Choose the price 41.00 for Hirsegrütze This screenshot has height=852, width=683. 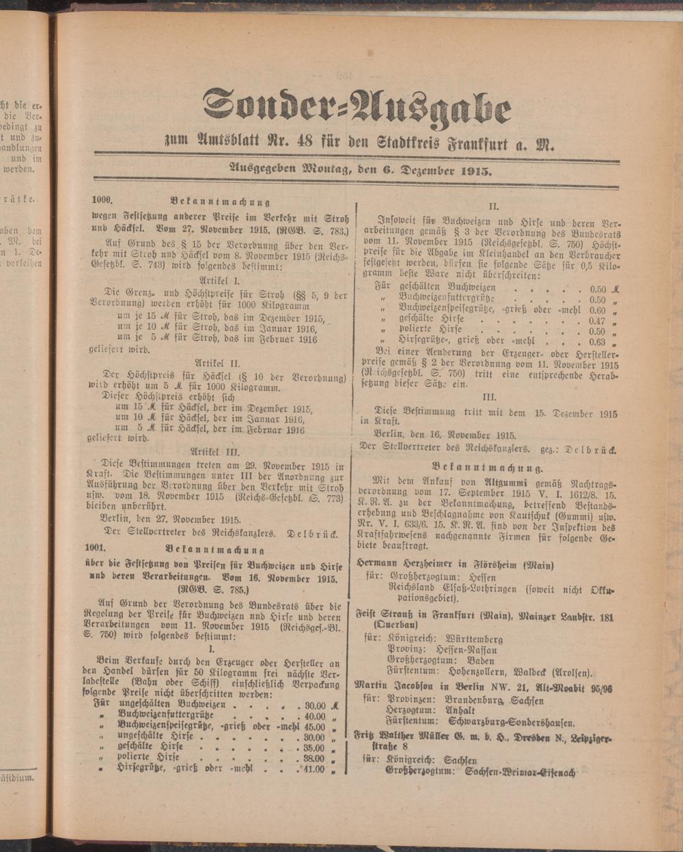click(x=313, y=769)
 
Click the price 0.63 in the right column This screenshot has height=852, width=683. click(x=598, y=342)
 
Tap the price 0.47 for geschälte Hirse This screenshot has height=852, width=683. click(x=598, y=320)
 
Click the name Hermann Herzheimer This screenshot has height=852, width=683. click(x=409, y=565)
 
